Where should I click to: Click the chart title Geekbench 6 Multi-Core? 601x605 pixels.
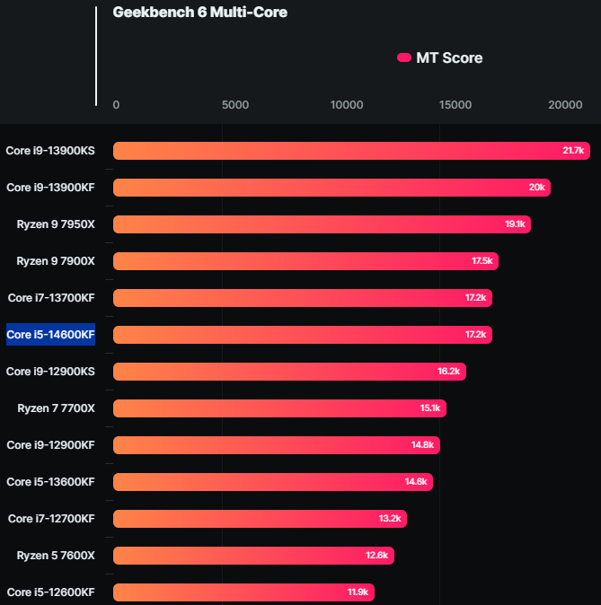coord(200,13)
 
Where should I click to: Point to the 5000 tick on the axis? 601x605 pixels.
coord(235,105)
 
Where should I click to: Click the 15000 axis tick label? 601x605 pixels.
coord(455,105)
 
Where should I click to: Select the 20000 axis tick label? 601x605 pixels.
coord(565,105)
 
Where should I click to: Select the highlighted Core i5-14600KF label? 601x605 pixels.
coord(50,335)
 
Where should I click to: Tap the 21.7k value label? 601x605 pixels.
coord(573,151)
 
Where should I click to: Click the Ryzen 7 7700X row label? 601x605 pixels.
coord(56,408)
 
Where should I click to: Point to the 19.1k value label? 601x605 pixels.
coord(515,224)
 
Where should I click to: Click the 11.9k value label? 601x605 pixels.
coord(358,592)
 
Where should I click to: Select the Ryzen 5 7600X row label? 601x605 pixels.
coord(56,556)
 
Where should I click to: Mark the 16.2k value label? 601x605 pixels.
coord(449,372)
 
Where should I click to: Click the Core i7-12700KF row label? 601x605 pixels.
coord(51,519)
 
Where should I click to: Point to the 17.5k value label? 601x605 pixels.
coord(482,261)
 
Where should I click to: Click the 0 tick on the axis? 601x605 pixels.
coord(116,105)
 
